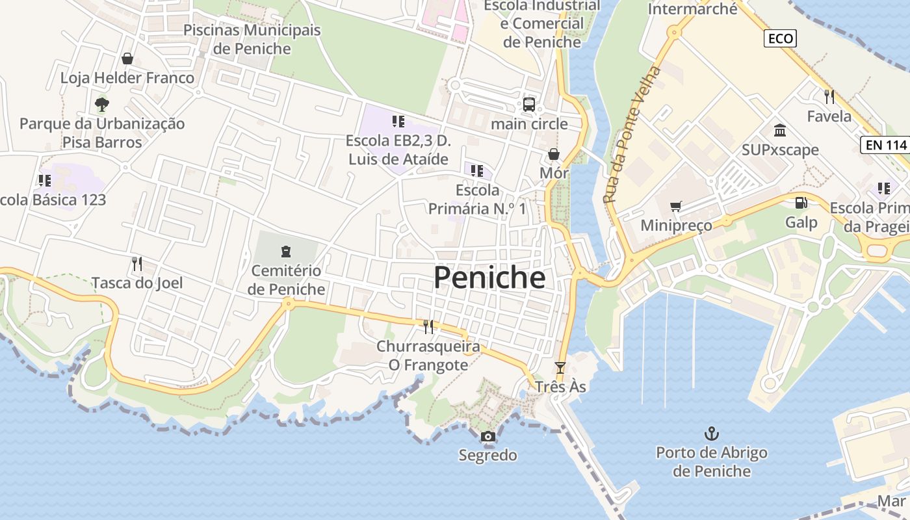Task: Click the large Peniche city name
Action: click(489, 278)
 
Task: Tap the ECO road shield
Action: click(780, 38)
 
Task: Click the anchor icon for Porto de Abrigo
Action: click(712, 433)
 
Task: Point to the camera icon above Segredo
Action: click(487, 436)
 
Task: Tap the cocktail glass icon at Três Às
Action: click(560, 368)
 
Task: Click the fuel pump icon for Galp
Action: click(801, 203)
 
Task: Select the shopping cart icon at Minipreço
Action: click(676, 206)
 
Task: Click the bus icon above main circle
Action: click(529, 104)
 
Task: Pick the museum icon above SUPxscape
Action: click(780, 131)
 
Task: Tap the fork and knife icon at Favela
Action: click(829, 97)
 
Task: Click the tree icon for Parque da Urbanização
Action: click(102, 104)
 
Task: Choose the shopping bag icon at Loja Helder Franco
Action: click(127, 58)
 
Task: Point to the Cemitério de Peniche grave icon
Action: click(285, 251)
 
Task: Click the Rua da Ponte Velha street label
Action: click(631, 135)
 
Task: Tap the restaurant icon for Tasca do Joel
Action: click(136, 263)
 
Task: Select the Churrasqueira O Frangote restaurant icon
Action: click(428, 326)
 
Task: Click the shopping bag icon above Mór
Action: click(554, 154)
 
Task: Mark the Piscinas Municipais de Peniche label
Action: click(252, 39)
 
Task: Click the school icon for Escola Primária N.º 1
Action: click(477, 171)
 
